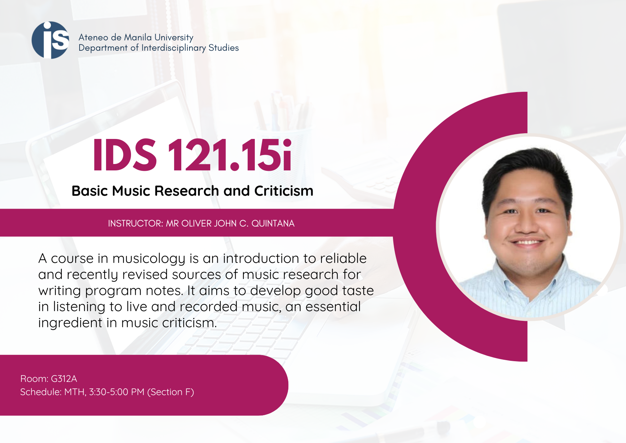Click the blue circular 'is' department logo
coord(50,40)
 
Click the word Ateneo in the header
coord(93,37)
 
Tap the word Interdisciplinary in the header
coord(174,48)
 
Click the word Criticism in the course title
coord(284,191)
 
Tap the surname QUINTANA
coord(273,224)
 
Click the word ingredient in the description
coord(70,323)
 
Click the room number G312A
coord(64,379)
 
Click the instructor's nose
coord(526,225)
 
